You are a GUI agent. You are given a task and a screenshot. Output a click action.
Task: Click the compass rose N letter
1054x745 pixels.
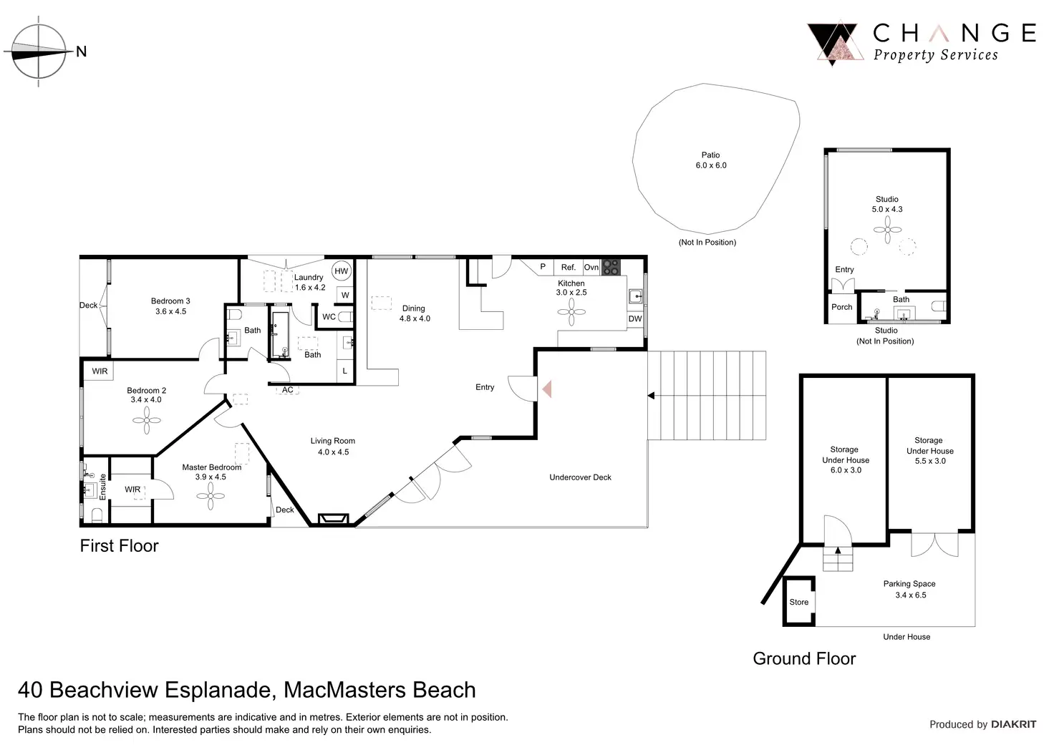pos(82,52)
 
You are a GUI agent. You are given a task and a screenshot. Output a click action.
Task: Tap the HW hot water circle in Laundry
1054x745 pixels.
pos(342,271)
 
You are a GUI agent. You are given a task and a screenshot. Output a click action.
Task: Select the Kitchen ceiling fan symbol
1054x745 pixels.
pos(571,312)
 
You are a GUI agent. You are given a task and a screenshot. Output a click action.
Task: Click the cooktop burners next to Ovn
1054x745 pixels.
pos(611,267)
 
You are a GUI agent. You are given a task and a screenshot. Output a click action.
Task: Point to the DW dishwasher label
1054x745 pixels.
pos(634,318)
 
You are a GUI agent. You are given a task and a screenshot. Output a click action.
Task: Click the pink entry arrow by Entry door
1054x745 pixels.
pos(547,389)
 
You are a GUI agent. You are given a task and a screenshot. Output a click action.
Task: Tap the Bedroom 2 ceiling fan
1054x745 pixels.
pos(147,420)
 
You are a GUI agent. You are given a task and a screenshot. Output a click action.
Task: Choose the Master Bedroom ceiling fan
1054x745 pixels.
pos(211,496)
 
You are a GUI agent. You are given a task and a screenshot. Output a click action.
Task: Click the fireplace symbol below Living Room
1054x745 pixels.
pos(334,519)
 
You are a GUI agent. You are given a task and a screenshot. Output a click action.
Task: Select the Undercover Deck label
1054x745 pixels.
pos(580,477)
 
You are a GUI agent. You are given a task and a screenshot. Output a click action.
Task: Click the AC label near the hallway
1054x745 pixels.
pos(288,390)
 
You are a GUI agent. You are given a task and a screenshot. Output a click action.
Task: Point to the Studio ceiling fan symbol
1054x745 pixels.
pos(887,230)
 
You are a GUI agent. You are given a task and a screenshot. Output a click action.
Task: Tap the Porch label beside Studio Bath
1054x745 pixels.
pos(842,307)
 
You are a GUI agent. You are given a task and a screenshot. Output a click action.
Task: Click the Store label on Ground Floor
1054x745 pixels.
pos(799,602)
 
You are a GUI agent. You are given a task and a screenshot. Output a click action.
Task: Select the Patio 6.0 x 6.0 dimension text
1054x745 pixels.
pos(711,165)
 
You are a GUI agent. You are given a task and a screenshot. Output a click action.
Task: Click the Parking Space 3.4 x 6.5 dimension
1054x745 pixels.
pos(911,595)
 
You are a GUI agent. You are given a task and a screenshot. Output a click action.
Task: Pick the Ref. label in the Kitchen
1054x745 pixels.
pos(569,267)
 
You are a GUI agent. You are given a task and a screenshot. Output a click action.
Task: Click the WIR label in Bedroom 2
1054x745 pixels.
pos(100,371)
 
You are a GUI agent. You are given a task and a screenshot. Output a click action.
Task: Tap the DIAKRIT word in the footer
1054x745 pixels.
pos(1013,724)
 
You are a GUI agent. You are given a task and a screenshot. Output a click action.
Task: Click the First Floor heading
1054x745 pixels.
pos(119,545)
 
